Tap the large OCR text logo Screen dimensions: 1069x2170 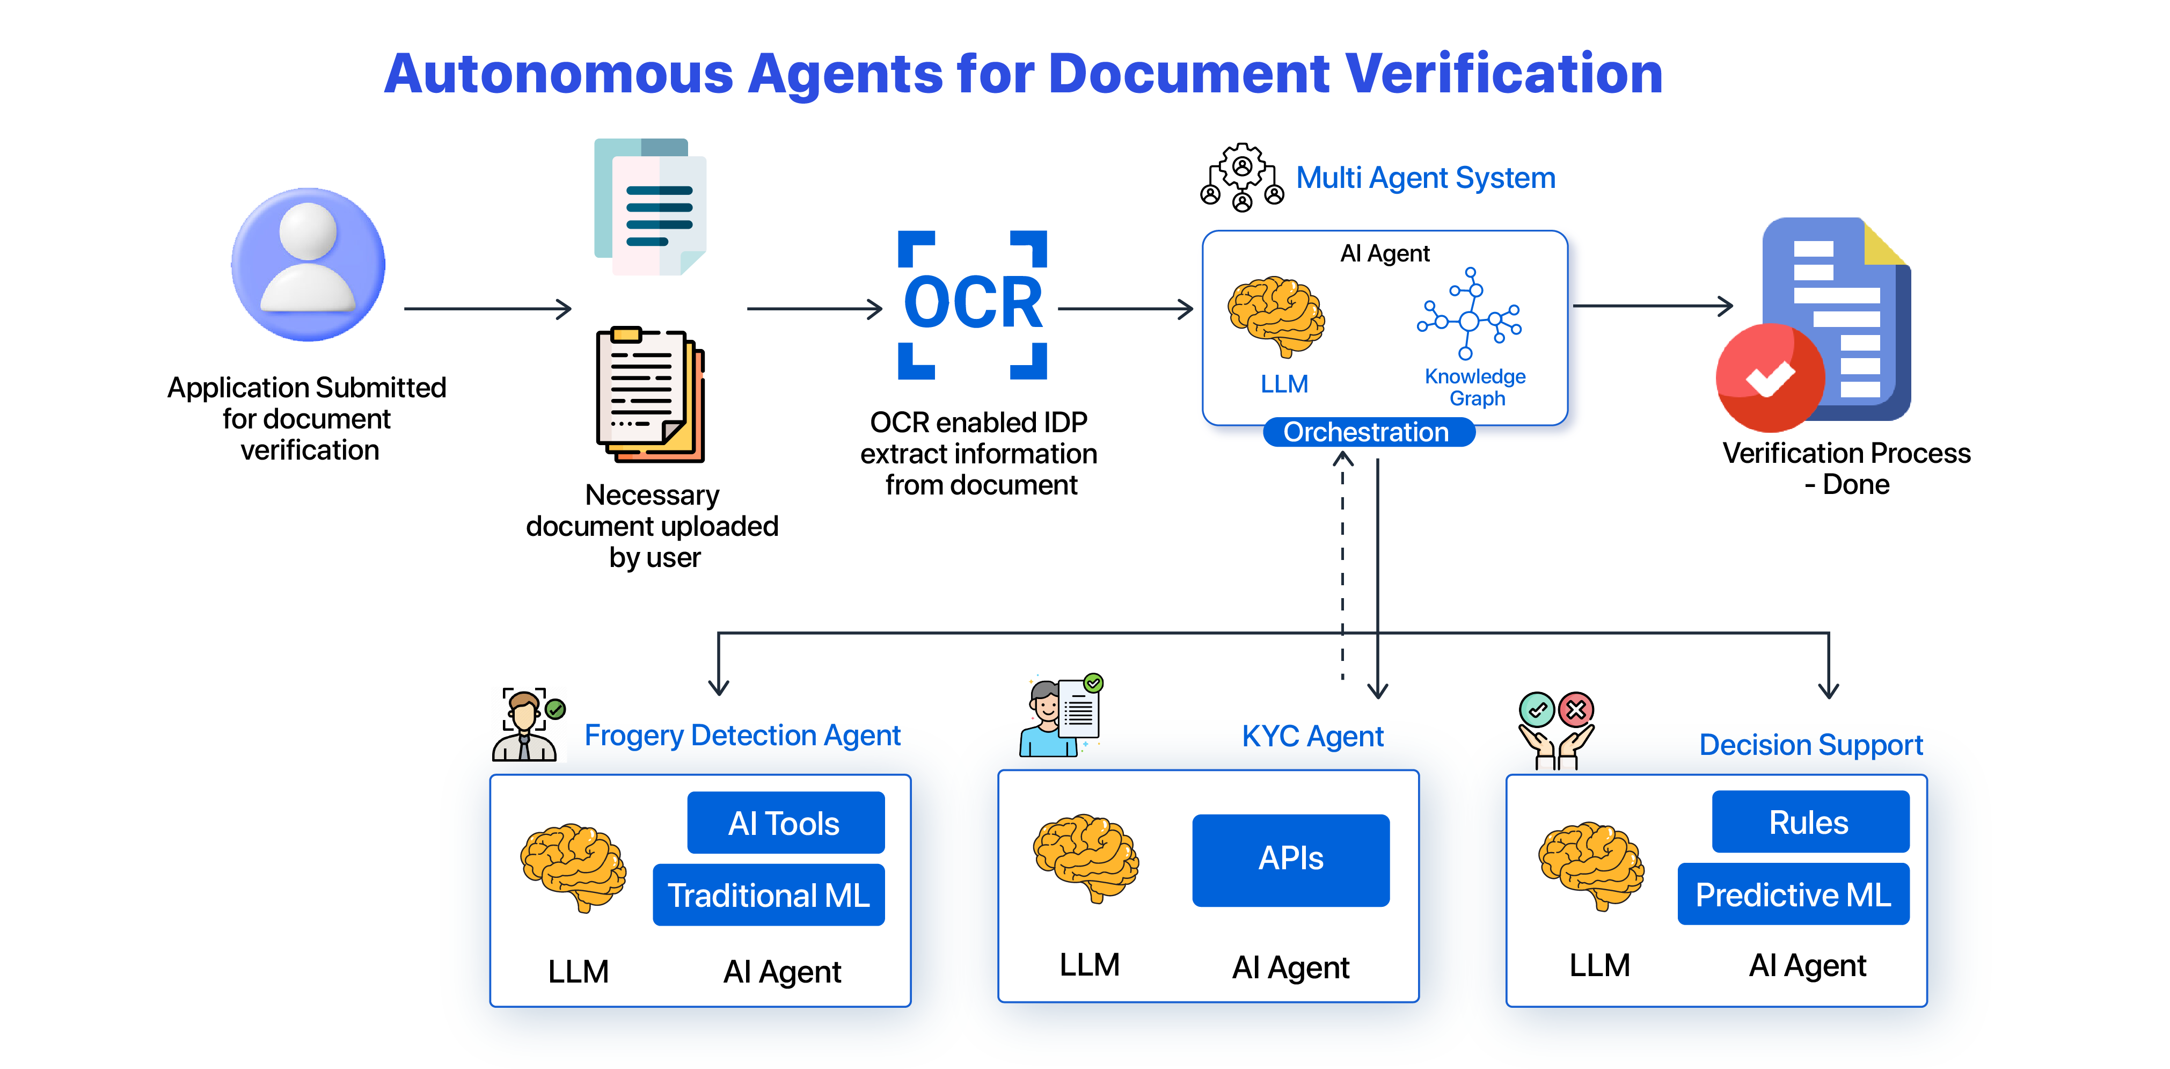(x=973, y=303)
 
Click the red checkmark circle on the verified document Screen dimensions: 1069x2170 (x=1770, y=378)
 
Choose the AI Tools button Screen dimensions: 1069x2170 (x=785, y=823)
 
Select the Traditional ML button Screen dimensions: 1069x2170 (x=768, y=895)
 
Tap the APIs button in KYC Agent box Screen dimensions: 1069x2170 (x=1290, y=859)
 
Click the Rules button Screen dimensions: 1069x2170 (x=1809, y=822)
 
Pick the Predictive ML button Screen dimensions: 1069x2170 (x=1793, y=895)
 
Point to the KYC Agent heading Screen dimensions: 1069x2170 (x=1312, y=736)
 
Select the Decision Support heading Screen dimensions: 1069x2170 (x=1810, y=745)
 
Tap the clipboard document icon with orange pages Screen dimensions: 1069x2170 (x=649, y=394)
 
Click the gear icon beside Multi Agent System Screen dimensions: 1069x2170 (x=1241, y=177)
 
